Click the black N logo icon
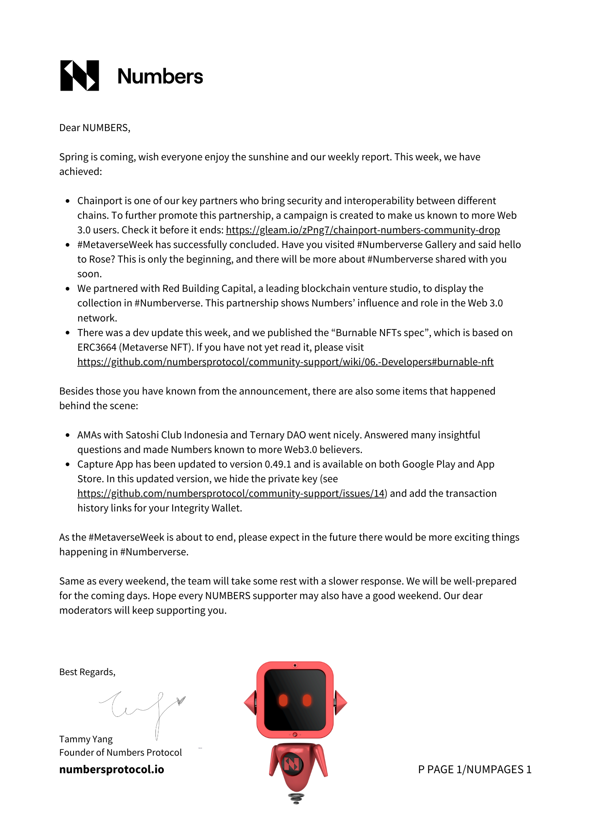pos(80,76)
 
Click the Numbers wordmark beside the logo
pos(160,76)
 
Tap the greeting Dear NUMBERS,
pos(95,128)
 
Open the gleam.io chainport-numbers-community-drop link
pos(363,230)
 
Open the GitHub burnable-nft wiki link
pos(285,362)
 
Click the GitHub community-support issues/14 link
pos(231,493)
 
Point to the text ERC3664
pos(97,347)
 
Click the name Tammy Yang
pos(86,739)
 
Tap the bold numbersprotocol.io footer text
pos(112,769)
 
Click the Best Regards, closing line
pos(87,672)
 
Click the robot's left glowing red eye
pos(283,700)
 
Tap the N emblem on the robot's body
pos(292,764)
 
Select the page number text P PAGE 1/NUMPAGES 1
pos(475,769)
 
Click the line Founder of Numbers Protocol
pos(120,752)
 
